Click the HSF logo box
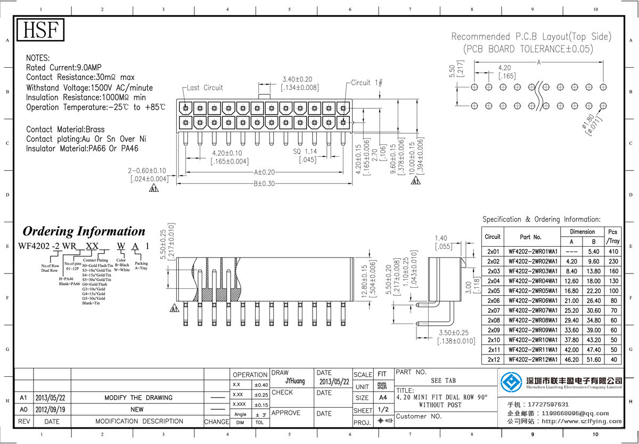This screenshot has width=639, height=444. [40, 30]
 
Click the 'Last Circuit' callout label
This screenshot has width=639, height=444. [205, 87]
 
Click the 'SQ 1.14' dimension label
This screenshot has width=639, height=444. [305, 151]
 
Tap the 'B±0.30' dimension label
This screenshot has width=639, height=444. [264, 183]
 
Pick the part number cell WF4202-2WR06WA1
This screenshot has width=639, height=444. [533, 301]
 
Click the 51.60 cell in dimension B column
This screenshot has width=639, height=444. [593, 360]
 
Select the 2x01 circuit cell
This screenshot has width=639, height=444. [493, 252]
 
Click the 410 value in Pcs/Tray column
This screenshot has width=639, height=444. [613, 252]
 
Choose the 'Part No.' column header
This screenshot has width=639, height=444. [530, 237]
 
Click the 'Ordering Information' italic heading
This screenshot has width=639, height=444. [84, 231]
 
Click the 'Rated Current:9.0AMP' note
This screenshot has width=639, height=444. [63, 68]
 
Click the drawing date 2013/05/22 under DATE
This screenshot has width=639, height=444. [334, 382]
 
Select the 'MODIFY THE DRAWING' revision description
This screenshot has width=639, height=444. [138, 398]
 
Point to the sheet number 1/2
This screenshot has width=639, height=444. [382, 410]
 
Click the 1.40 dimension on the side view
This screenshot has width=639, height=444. [441, 238]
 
